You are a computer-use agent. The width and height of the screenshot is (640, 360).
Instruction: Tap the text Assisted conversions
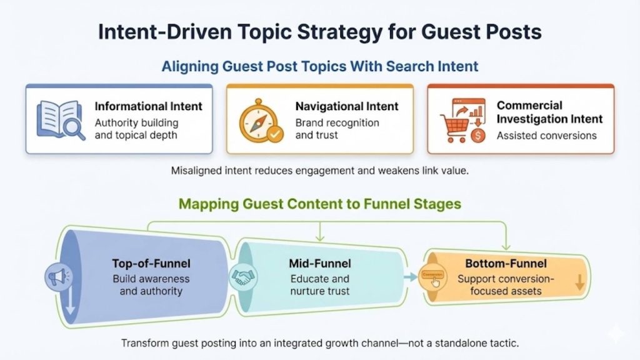[546, 135]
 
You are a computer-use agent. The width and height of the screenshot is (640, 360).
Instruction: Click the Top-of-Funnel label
[151, 263]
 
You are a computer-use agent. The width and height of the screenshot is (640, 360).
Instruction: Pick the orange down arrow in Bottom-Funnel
[579, 282]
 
